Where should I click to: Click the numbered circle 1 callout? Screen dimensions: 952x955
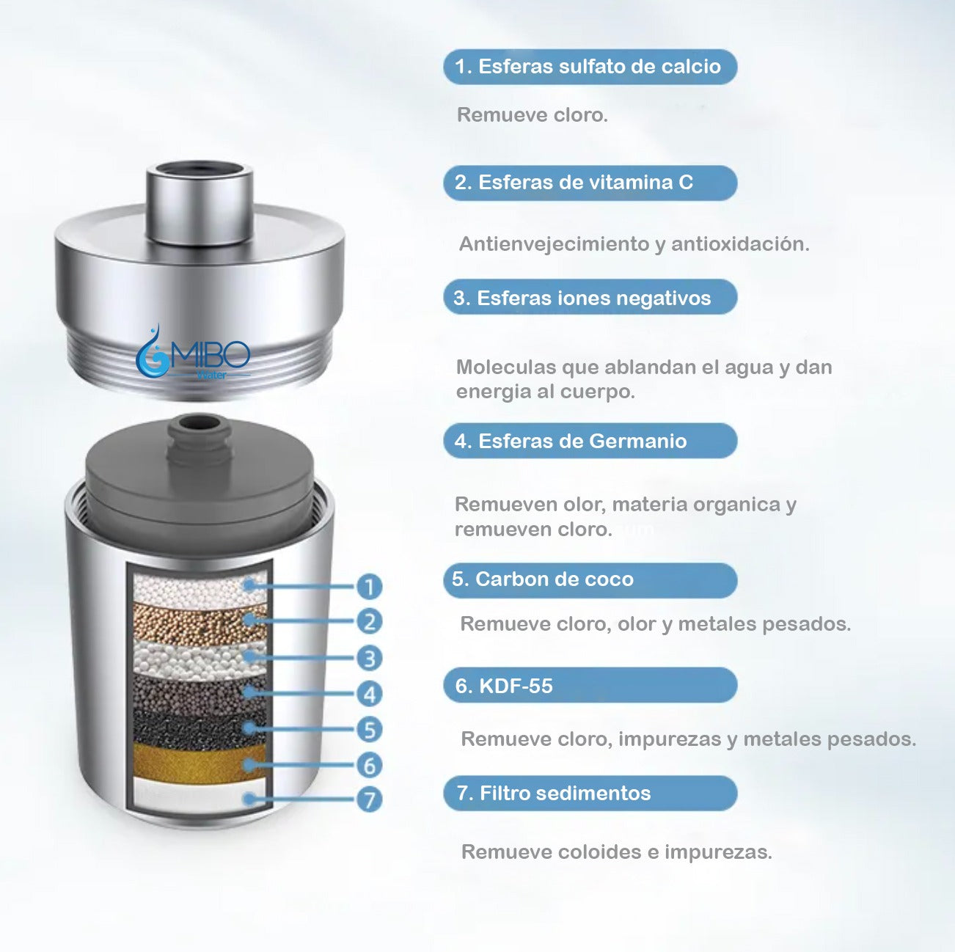[x=369, y=586]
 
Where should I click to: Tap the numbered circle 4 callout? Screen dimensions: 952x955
[x=369, y=694]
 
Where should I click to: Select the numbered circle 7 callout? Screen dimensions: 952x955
[x=369, y=799]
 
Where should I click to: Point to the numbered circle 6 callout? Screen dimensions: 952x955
[x=369, y=765]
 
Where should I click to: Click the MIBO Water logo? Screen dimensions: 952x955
[x=193, y=358]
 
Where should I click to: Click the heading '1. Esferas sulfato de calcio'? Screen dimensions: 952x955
[x=589, y=67]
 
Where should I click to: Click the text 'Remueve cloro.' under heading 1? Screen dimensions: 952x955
[x=532, y=115]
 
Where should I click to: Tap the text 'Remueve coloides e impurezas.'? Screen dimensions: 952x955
[x=616, y=852]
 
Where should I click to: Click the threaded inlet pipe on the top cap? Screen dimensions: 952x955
[x=200, y=202]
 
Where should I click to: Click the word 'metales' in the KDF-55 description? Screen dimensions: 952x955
[x=781, y=739]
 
